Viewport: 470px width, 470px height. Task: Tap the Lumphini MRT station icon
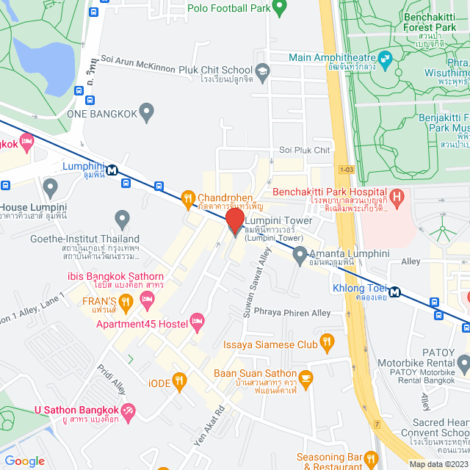[x=112, y=170]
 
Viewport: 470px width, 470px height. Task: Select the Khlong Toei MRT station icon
[x=395, y=292]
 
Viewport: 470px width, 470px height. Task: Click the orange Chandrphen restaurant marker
[x=187, y=198]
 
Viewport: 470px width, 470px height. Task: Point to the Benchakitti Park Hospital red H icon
[x=396, y=196]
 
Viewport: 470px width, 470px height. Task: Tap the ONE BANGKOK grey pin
[x=147, y=112]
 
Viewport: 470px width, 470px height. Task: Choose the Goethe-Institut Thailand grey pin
[x=122, y=219]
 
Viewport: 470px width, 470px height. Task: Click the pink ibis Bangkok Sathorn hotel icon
[x=146, y=297]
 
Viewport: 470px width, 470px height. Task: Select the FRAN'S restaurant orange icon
[x=126, y=300]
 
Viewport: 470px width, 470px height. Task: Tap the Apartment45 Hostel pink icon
[x=196, y=320]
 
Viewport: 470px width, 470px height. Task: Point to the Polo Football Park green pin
[x=279, y=7]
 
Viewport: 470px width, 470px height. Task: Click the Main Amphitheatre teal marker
[x=384, y=57]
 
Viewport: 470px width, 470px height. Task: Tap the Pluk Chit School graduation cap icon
[x=264, y=70]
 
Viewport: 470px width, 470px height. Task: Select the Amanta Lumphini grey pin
[x=300, y=255]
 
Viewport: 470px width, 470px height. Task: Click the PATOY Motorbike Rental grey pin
[x=463, y=363]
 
